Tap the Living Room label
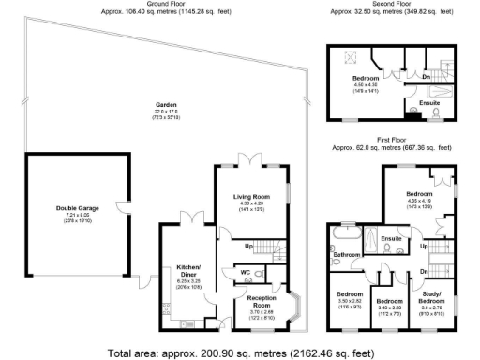click(251, 196)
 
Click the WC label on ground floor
click(247, 272)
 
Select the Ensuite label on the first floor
click(392, 239)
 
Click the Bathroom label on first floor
click(347, 254)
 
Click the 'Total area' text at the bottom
click(240, 352)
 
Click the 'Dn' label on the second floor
click(426, 77)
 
